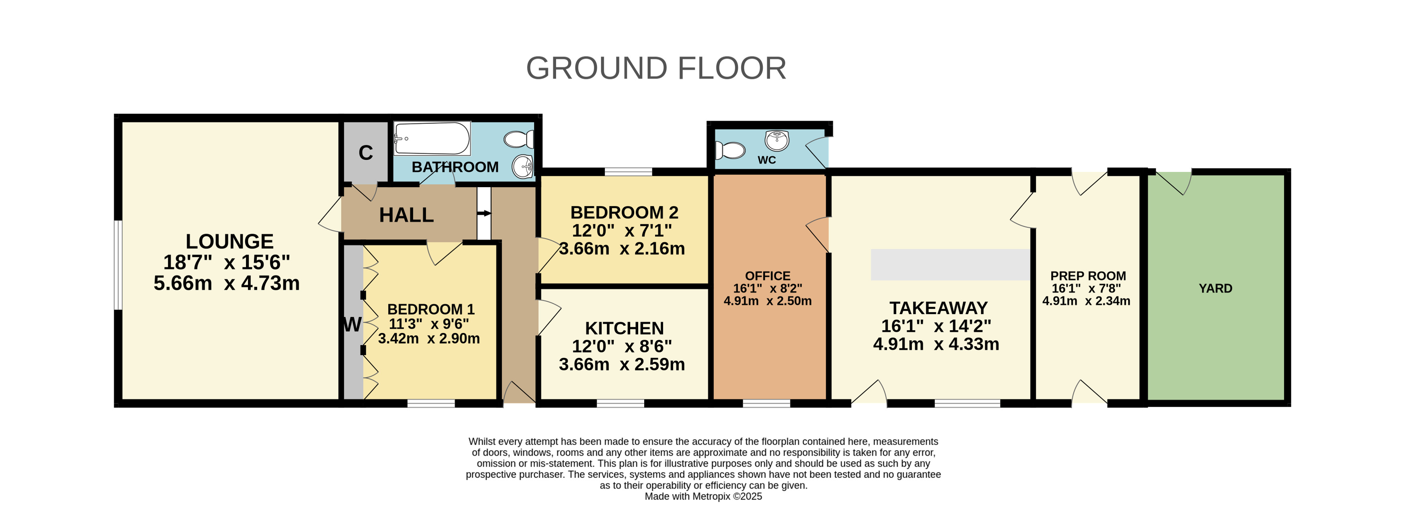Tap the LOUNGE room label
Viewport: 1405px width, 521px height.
[x=230, y=241]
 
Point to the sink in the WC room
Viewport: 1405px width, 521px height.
[x=777, y=140]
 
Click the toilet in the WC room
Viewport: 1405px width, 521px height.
[x=730, y=150]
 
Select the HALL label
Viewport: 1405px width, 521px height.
[x=406, y=215]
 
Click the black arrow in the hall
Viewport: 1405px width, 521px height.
[x=484, y=213]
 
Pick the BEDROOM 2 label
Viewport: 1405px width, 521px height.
[x=625, y=212]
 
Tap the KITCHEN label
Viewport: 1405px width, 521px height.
[x=625, y=328]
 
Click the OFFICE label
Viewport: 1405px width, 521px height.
[x=768, y=276]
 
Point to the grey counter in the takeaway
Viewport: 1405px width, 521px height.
[x=950, y=265]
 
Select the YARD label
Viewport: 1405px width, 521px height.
[x=1215, y=289]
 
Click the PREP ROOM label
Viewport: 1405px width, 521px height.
[x=1088, y=276]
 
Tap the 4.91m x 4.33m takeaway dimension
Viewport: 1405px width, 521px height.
[x=936, y=344]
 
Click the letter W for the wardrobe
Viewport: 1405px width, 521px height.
[x=352, y=325]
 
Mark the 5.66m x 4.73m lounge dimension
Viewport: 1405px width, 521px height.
[x=226, y=283]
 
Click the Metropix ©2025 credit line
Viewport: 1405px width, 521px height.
[x=703, y=497]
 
